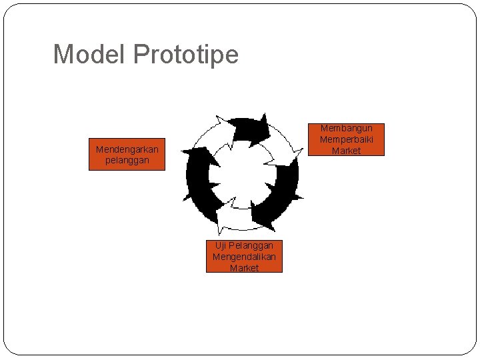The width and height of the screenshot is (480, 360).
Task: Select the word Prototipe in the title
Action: [185, 55]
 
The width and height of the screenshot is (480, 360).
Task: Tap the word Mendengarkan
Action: [127, 149]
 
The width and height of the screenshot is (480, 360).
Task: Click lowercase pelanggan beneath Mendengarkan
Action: [127, 161]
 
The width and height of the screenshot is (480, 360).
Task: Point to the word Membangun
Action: [346, 128]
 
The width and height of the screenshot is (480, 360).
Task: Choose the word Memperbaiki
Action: [346, 139]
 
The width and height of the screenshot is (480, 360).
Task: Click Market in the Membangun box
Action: [346, 151]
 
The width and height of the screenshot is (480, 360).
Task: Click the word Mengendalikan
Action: [244, 257]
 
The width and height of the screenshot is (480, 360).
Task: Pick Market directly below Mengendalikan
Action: [244, 268]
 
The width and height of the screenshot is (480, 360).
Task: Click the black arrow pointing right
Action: [248, 130]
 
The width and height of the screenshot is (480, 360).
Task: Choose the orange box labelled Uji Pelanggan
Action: [244, 257]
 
